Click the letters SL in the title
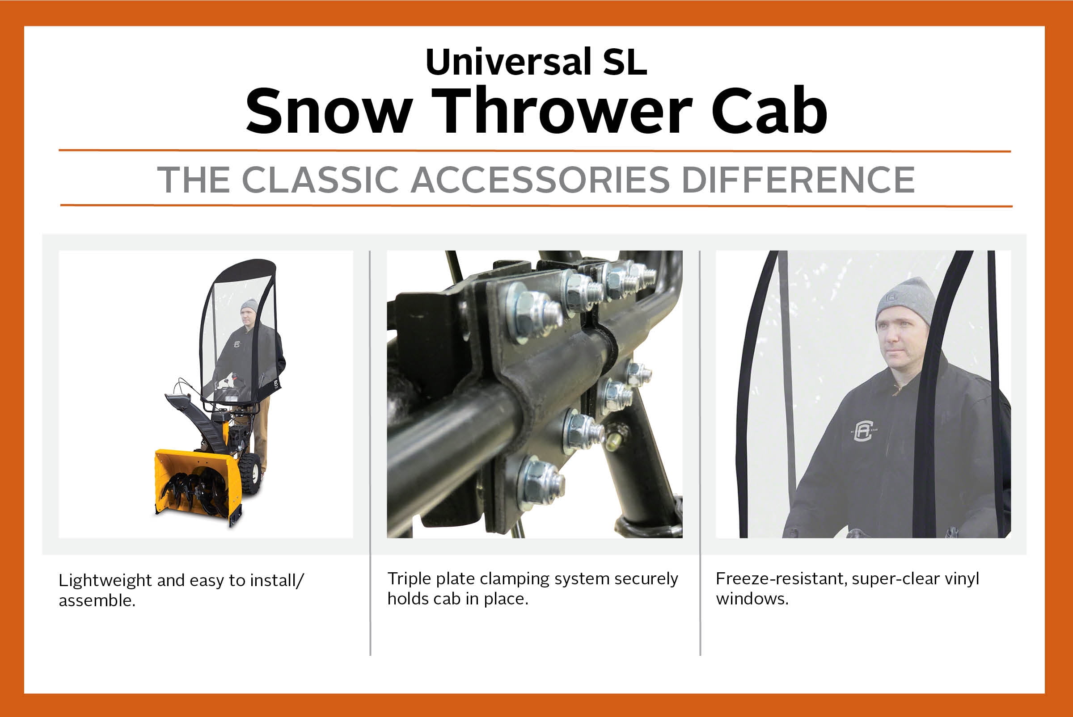625,62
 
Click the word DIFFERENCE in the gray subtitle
798,179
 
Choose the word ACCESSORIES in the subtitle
541,179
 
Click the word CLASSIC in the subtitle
320,179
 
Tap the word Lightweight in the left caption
105,581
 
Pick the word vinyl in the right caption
962,579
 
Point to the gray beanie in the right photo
904,302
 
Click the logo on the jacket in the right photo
863,430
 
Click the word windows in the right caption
752,599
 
